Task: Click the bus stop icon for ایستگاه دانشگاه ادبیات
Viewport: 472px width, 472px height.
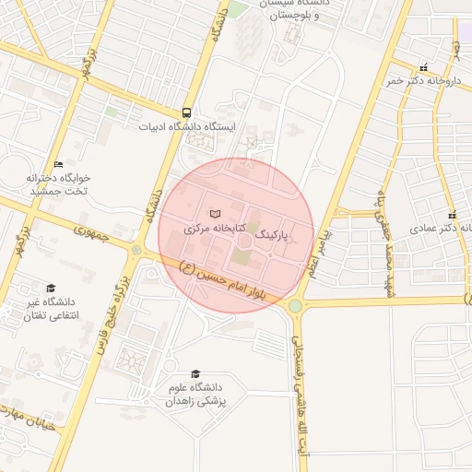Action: (x=188, y=111)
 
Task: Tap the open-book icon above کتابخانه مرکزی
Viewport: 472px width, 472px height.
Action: (x=217, y=213)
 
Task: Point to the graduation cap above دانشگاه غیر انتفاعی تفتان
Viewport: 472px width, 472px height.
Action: (x=51, y=288)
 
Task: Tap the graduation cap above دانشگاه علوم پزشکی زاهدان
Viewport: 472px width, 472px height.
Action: (x=195, y=373)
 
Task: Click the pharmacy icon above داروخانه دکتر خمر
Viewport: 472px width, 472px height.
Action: (x=423, y=67)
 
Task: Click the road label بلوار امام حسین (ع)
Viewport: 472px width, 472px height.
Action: (x=223, y=286)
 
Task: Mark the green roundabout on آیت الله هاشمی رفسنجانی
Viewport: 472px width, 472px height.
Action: (x=295, y=306)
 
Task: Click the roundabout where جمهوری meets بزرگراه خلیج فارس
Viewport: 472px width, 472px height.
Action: (x=136, y=250)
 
